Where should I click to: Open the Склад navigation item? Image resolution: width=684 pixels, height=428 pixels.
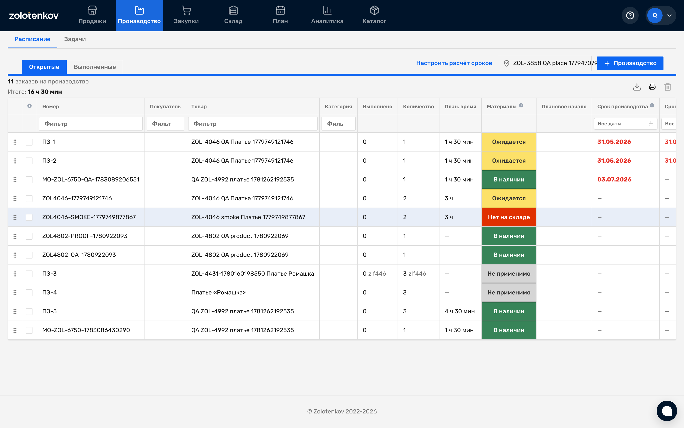click(x=233, y=15)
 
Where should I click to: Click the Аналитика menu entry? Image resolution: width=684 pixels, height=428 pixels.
click(x=327, y=15)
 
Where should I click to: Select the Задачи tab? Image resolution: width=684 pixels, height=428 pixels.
click(x=75, y=39)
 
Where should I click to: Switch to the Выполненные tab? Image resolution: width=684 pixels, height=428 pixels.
click(x=95, y=67)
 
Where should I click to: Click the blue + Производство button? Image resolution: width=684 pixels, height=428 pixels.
click(x=630, y=63)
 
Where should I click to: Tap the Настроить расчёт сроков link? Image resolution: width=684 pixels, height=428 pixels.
click(x=454, y=63)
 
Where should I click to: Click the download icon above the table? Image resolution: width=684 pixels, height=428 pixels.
click(x=637, y=87)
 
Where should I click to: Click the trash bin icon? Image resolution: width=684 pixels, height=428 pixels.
click(x=668, y=87)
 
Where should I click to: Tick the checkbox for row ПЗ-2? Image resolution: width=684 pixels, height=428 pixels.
click(x=29, y=161)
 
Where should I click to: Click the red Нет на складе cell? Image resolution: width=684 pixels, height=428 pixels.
click(x=509, y=217)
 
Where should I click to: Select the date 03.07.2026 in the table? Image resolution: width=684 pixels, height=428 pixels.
click(x=614, y=180)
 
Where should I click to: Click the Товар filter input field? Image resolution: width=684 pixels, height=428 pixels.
click(x=253, y=124)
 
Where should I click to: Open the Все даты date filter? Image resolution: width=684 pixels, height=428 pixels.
click(x=625, y=124)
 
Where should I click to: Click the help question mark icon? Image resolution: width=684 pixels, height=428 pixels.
click(x=630, y=15)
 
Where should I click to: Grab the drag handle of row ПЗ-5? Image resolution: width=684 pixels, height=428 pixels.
click(x=15, y=311)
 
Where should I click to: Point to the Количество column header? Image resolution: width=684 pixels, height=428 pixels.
click(x=418, y=106)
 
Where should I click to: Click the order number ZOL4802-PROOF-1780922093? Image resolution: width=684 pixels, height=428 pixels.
click(x=85, y=236)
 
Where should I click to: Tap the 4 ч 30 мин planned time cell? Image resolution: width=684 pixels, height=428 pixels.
click(x=460, y=311)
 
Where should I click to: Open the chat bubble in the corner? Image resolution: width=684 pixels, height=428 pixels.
click(x=667, y=411)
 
